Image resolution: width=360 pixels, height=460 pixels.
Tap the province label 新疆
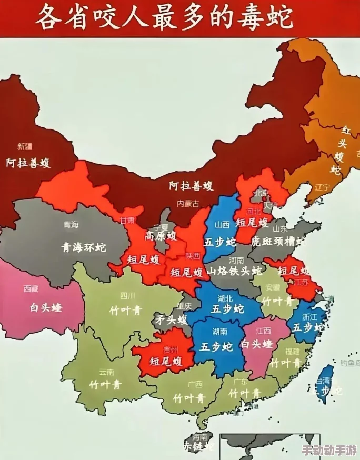point(25,146)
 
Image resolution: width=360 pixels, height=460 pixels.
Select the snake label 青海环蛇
point(83,247)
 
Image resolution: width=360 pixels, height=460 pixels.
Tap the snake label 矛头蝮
point(170,319)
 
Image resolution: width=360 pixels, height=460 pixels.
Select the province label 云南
point(106,372)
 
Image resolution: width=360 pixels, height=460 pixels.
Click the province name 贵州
point(171,349)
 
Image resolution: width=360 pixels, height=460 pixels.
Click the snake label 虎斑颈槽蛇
point(278,242)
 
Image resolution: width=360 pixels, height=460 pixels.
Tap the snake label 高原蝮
point(160,235)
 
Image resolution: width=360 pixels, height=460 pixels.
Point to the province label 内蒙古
point(188,204)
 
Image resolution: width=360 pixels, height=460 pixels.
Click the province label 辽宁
point(322,187)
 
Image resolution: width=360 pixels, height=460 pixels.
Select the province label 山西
point(222,224)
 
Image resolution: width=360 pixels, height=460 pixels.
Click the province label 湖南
point(219,332)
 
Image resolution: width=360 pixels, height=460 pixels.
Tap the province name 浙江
point(310,317)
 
